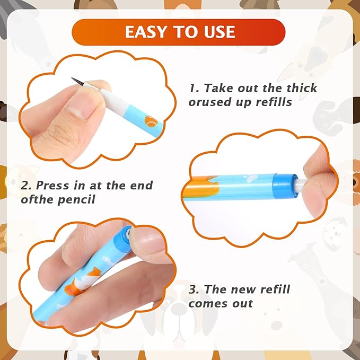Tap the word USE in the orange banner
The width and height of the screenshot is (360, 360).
[219, 32]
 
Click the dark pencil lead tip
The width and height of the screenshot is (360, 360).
[77, 82]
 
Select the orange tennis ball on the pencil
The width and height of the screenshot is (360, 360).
[151, 121]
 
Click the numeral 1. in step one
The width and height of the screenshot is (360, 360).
[194, 88]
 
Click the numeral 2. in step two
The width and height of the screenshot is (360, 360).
[26, 186]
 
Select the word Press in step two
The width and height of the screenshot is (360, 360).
[52, 185]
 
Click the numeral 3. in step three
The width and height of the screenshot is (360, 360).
[194, 289]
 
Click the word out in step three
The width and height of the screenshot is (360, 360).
[243, 303]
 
